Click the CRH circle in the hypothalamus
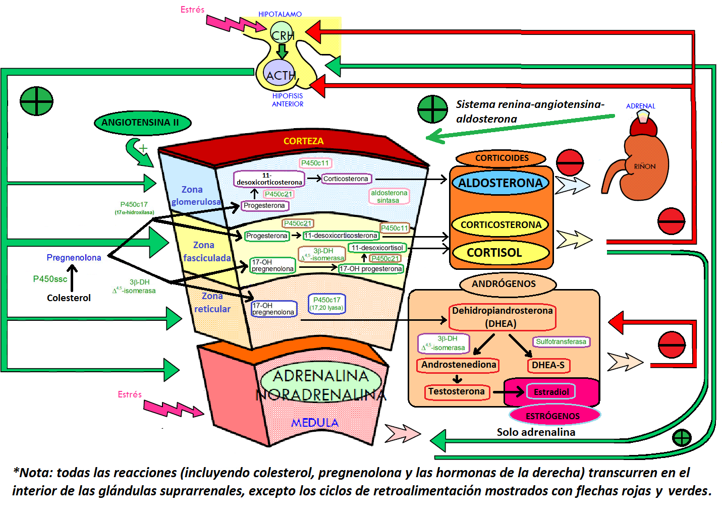(x=282, y=34)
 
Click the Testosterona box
(x=457, y=391)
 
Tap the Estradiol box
(x=550, y=392)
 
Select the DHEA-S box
(x=548, y=365)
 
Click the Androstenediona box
(x=458, y=365)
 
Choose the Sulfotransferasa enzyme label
(x=561, y=341)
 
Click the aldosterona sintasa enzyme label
(x=388, y=196)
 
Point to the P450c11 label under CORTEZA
(x=315, y=163)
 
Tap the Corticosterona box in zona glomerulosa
(x=346, y=179)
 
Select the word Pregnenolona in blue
(x=74, y=257)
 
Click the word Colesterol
(x=69, y=298)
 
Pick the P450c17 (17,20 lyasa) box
(x=326, y=303)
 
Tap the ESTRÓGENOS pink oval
(x=553, y=416)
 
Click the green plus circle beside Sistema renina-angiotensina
(x=432, y=109)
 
